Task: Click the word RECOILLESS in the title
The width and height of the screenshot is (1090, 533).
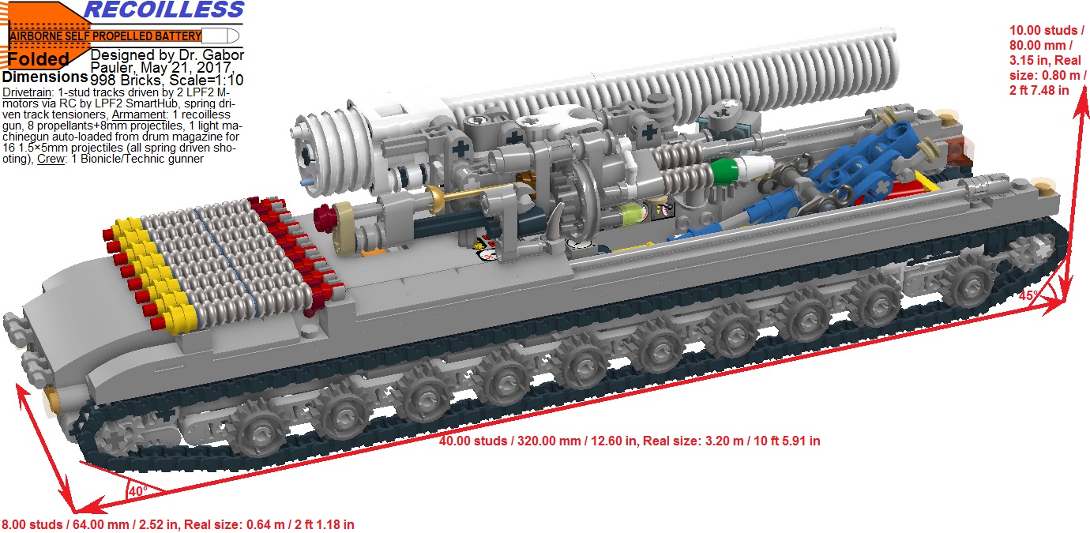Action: [164, 9]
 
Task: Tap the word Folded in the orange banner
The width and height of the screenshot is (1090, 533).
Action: [38, 60]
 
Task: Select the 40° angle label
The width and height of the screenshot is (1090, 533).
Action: [137, 491]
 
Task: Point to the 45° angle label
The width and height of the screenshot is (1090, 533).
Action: [1028, 295]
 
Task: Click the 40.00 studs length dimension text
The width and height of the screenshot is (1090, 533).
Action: [630, 441]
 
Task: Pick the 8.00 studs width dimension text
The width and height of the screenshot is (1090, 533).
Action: [178, 525]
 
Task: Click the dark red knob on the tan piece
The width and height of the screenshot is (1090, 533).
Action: [324, 219]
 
